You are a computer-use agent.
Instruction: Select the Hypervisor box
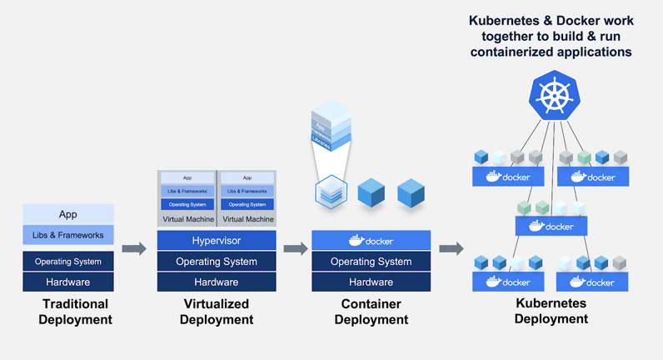click(217, 241)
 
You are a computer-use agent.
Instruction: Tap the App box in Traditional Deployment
click(68, 214)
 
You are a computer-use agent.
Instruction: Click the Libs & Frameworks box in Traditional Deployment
click(68, 235)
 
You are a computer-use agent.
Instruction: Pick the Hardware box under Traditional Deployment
click(68, 282)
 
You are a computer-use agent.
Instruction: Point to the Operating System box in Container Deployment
click(371, 262)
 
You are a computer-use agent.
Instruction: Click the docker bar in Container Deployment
click(371, 241)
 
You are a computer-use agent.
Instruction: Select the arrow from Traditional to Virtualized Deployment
click(133, 248)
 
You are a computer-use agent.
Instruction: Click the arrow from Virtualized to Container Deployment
click(295, 248)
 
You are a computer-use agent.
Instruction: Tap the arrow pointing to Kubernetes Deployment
click(451, 248)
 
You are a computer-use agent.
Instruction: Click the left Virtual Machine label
click(187, 219)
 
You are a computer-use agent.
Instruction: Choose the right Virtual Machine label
click(247, 219)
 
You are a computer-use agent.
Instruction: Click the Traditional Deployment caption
click(75, 312)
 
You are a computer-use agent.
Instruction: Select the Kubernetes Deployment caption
click(551, 312)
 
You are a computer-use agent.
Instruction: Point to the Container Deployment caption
click(371, 312)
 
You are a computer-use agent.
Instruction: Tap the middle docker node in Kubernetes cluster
click(551, 226)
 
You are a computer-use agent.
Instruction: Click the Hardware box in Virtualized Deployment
click(217, 282)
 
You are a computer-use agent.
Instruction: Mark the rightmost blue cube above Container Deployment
click(411, 193)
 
